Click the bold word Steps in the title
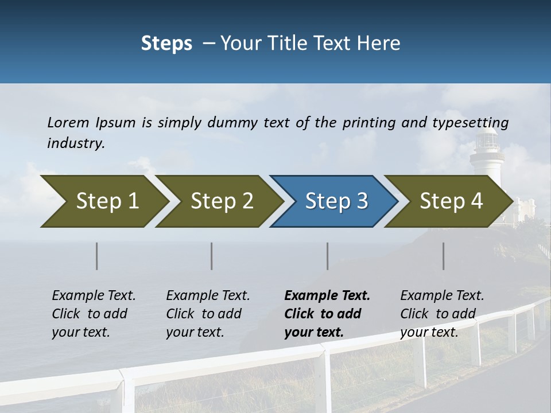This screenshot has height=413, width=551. click(x=166, y=44)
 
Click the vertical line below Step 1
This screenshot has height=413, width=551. click(x=97, y=256)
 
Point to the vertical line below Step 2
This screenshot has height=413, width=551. click(x=212, y=256)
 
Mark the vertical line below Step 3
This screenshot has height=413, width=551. click(x=328, y=256)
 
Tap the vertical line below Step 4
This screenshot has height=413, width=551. click(x=444, y=256)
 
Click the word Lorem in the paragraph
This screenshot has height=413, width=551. click(x=68, y=122)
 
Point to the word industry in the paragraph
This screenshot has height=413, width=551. click(x=76, y=143)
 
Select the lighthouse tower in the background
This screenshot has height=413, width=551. click(x=487, y=155)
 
